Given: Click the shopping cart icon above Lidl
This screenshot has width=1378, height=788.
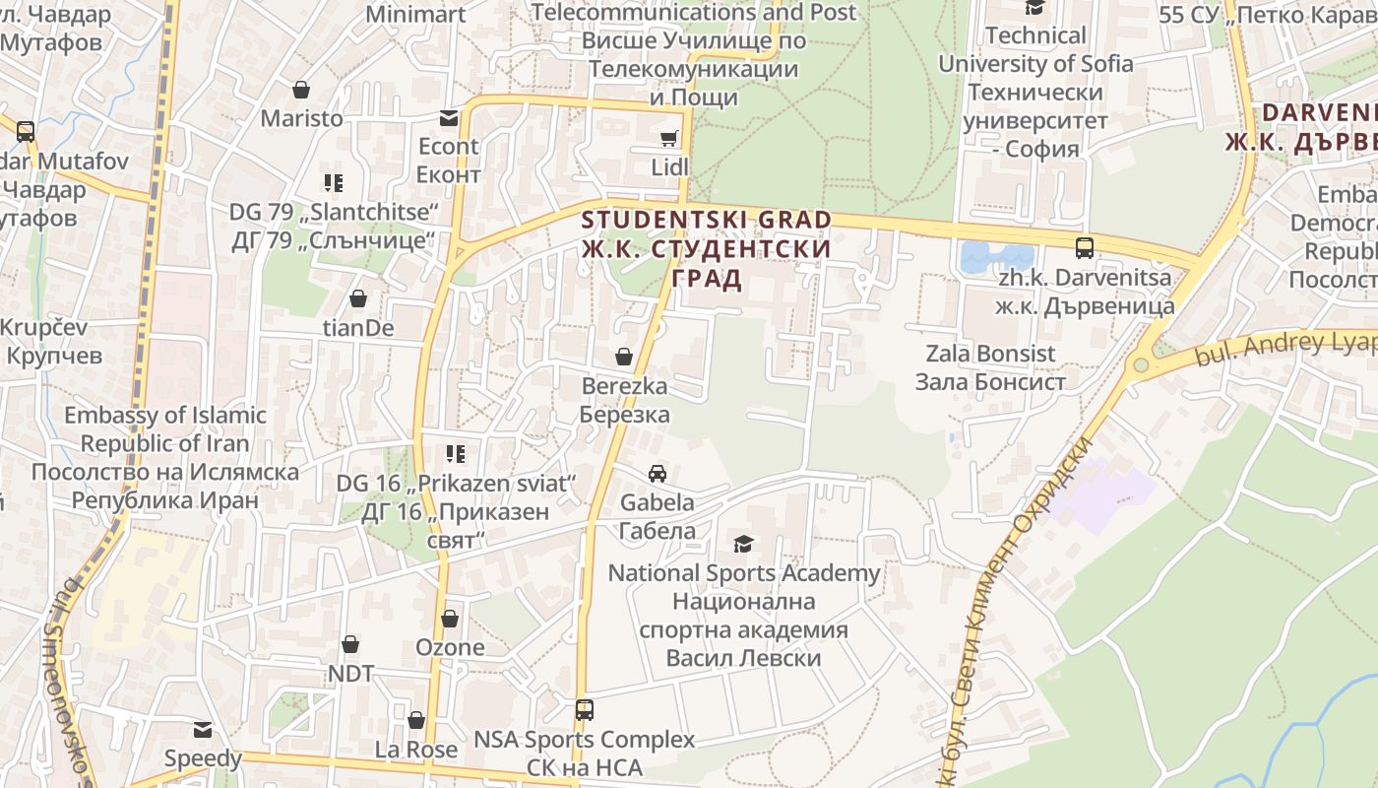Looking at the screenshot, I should click(669, 138).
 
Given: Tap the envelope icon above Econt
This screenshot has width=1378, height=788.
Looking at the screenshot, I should click(449, 118).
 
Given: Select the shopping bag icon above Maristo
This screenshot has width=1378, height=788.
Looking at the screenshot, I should click(301, 90).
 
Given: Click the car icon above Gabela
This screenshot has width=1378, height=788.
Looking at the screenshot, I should click(657, 474).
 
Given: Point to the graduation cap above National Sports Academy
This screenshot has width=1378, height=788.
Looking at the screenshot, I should click(743, 544).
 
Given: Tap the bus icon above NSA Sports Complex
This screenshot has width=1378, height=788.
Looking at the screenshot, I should click(585, 709).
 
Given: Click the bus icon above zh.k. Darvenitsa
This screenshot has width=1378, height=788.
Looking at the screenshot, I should click(1085, 247).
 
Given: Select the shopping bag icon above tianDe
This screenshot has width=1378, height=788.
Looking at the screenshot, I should click(358, 297).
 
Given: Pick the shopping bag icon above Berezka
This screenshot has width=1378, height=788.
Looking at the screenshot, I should click(624, 356).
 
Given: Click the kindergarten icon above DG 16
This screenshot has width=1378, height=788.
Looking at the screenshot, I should click(455, 454).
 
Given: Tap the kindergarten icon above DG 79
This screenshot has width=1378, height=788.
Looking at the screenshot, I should click(333, 182).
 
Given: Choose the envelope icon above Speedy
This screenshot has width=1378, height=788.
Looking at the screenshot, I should click(203, 730).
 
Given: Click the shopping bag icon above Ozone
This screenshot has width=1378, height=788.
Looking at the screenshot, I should click(450, 619).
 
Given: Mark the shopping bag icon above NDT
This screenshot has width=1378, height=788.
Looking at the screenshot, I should click(350, 644).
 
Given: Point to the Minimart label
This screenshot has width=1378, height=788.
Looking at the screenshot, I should click(414, 14).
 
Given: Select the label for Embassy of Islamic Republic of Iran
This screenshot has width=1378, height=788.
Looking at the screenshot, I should click(165, 457).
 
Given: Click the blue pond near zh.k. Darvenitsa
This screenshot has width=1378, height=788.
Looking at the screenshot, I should click(995, 257).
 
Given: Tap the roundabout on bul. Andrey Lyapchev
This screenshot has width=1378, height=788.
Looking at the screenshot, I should click(1141, 365).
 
